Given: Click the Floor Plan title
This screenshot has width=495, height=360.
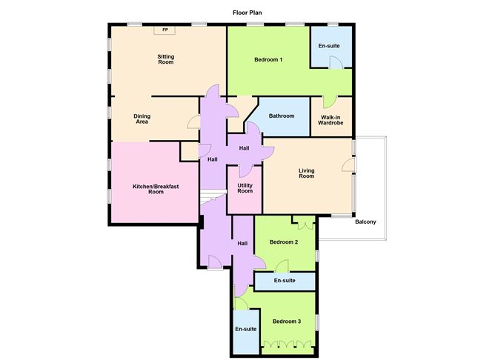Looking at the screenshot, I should pos(247,13).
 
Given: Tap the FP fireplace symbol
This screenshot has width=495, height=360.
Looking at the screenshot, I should pos(165,30).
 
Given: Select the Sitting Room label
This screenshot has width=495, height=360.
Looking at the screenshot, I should pos(165,59).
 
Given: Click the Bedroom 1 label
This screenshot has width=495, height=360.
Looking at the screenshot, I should pos(268,59).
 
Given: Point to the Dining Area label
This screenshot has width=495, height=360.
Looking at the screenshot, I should pos(142,119).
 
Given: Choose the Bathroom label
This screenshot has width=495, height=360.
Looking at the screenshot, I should pos(282,116).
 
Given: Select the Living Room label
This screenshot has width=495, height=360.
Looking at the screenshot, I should pos(306,173).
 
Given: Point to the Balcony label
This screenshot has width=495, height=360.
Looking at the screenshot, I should pos(366,222).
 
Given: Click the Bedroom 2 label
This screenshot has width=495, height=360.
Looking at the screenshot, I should pos(284,242).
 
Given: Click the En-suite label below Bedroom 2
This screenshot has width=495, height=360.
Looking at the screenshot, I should pos(285,281).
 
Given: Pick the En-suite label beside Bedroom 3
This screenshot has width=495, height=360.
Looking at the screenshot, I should pos(245,329).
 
